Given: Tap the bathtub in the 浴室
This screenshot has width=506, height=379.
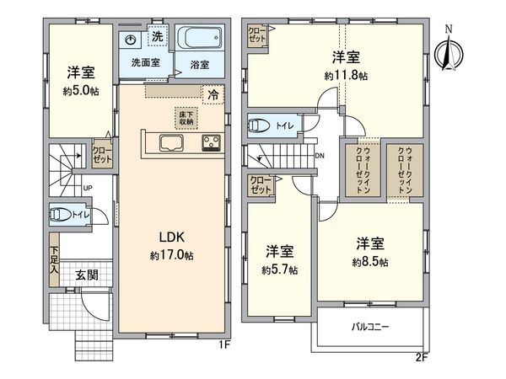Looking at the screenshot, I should point(200,40).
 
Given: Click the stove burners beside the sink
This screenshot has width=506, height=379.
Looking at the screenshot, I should point(211,143).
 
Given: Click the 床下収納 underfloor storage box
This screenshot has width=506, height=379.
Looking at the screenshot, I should point(186,118).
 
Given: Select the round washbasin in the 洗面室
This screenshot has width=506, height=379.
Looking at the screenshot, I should point(131,40).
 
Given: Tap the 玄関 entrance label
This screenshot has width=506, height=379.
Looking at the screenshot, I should point(85,274).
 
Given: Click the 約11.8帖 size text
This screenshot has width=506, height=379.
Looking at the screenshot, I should point(346,76).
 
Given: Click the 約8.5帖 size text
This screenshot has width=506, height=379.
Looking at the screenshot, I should point(372,262).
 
